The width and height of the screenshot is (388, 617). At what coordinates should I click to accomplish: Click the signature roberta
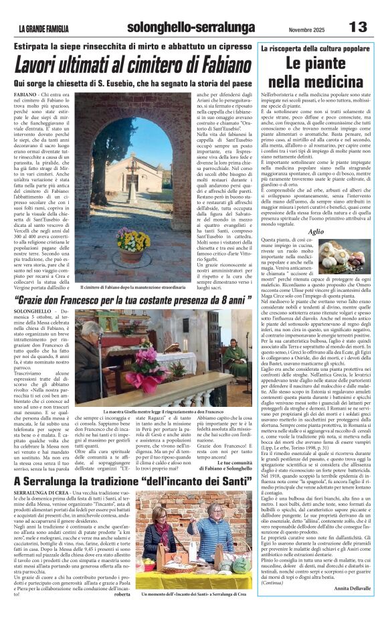point(122,593)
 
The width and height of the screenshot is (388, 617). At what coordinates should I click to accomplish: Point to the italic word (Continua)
point(273,598)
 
